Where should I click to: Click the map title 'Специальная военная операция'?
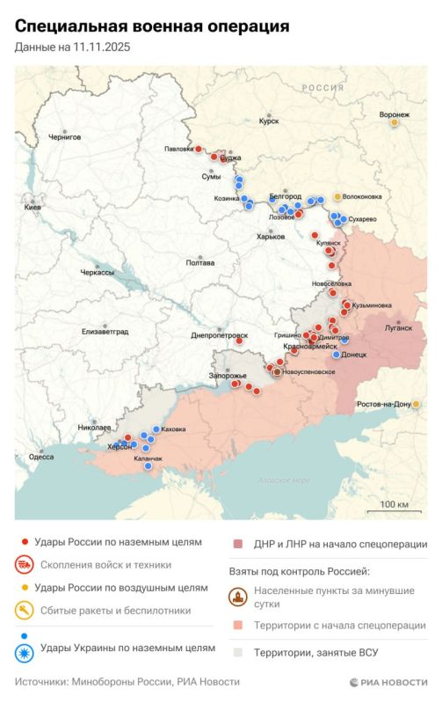click(152, 27)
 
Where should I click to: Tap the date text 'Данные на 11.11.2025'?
click(72, 48)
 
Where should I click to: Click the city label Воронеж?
click(395, 114)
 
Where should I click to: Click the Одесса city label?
click(41, 457)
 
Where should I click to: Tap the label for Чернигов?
click(65, 137)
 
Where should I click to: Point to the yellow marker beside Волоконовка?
click(337, 196)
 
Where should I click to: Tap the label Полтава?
click(200, 262)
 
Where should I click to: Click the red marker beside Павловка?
click(199, 149)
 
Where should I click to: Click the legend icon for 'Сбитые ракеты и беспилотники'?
click(26, 609)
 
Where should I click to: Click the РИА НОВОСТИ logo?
click(388, 682)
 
